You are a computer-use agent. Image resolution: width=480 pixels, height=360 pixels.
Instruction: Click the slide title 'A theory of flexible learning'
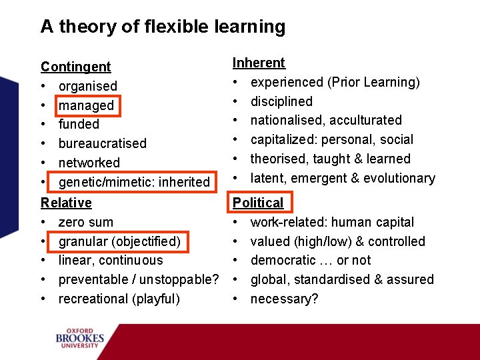point(163,27)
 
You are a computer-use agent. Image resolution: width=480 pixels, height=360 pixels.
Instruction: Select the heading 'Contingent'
point(76,67)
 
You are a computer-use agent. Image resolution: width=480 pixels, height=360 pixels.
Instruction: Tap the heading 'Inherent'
point(259,63)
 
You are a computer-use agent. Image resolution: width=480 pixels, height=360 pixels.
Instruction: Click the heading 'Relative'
point(66,203)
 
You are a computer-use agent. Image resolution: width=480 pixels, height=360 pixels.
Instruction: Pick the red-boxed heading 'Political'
point(258,203)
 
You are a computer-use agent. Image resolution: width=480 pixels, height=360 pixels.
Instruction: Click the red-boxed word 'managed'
point(86,105)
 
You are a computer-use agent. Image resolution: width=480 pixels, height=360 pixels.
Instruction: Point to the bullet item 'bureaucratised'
point(102,143)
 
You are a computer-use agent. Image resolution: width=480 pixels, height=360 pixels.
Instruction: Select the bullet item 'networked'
point(89,163)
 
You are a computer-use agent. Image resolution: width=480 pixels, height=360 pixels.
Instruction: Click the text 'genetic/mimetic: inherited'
point(134,182)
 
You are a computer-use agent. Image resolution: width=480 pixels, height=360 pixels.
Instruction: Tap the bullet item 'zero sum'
point(85,222)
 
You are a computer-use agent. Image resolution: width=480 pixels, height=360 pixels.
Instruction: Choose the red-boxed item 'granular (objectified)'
point(119,241)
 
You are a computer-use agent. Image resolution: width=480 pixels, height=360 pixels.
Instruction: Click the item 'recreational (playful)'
point(119,299)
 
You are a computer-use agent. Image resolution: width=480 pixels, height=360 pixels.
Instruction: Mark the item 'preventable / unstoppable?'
point(139,279)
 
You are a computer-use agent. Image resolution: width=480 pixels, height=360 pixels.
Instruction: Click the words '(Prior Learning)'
point(373,82)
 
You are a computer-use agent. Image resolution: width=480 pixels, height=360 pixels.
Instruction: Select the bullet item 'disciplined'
point(281,101)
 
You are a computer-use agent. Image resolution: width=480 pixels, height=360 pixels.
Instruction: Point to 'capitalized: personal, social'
point(331,139)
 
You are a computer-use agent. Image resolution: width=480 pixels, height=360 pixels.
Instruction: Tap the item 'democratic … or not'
point(310,260)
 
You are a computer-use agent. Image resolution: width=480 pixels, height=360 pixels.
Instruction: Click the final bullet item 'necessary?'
point(284,299)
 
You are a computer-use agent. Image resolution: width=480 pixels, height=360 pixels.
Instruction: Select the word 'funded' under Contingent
point(79,124)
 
